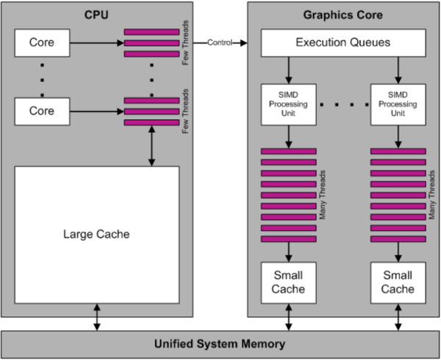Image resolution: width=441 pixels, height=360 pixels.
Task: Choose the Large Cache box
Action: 96,234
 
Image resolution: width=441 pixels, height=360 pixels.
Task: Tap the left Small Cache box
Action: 288,283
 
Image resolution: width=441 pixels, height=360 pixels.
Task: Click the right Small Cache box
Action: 397,283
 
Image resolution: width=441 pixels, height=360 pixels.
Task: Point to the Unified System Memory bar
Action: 220,343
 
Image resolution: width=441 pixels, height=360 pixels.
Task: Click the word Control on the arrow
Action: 220,43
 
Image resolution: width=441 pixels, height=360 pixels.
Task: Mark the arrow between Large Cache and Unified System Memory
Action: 96,317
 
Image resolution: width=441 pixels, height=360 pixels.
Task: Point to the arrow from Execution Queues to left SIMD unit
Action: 288,71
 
